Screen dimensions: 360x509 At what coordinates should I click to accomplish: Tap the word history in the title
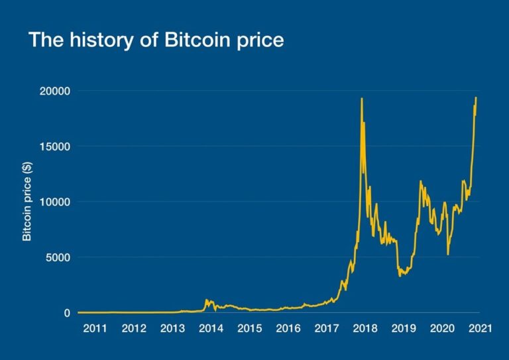96,41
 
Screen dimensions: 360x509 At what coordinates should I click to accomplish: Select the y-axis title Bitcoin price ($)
27,202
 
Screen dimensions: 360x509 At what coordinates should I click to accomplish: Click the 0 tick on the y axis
68,313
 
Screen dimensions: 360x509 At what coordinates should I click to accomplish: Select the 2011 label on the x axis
95,328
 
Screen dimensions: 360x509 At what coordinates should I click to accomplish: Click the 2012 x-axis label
134,328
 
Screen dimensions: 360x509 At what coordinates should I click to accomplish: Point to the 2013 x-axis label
172,328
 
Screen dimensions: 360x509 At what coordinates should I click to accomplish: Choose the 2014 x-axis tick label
211,328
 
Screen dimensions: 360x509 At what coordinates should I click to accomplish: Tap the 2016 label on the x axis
288,328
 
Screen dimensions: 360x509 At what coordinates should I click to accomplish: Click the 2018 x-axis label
365,328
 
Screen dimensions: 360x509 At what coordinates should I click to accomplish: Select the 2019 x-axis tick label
404,328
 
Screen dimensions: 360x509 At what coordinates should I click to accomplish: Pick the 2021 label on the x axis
480,328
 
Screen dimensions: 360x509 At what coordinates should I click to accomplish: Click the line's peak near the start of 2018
361,99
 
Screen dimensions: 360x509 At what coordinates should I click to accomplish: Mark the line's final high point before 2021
476,98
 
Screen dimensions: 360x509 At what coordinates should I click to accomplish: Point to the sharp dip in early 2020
448,254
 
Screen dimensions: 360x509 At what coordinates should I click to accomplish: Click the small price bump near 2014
207,300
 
